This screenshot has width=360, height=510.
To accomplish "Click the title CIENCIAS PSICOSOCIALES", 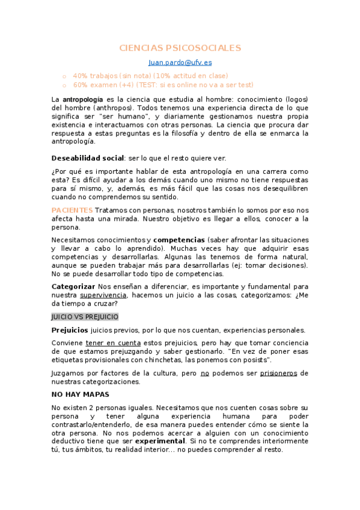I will [180, 48].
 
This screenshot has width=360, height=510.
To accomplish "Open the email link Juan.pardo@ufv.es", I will [180, 62].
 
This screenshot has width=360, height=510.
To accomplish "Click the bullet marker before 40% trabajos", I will [64, 76].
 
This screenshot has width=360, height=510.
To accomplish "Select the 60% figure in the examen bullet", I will [81, 85].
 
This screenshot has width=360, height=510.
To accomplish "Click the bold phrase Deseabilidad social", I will [87, 158].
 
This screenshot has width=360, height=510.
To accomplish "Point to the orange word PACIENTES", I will [72, 210].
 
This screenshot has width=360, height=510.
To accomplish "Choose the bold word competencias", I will [177, 239].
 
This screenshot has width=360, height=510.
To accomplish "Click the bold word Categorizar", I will [73, 286].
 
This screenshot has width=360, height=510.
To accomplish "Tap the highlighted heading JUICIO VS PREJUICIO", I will [85, 317].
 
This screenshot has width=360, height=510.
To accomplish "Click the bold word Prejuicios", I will [70, 330].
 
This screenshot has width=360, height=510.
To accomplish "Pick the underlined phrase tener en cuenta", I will [110, 343].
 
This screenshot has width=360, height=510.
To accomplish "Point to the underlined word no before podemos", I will [204, 373].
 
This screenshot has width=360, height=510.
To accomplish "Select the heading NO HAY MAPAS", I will [81, 395].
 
